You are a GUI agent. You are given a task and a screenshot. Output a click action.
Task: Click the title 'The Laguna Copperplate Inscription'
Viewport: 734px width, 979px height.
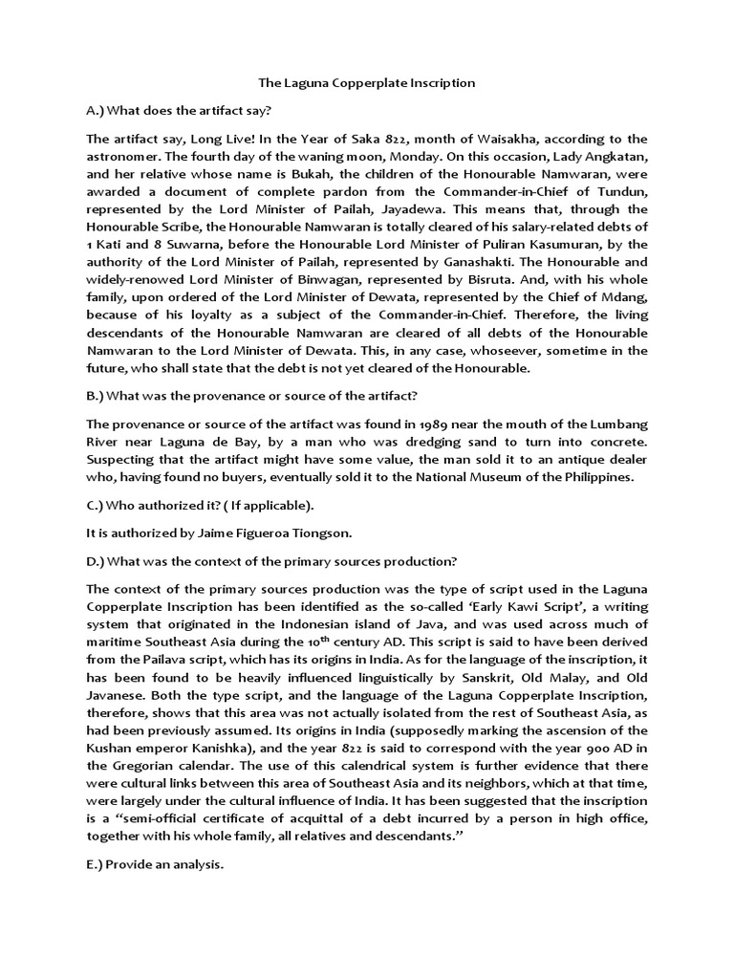point(367,83)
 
